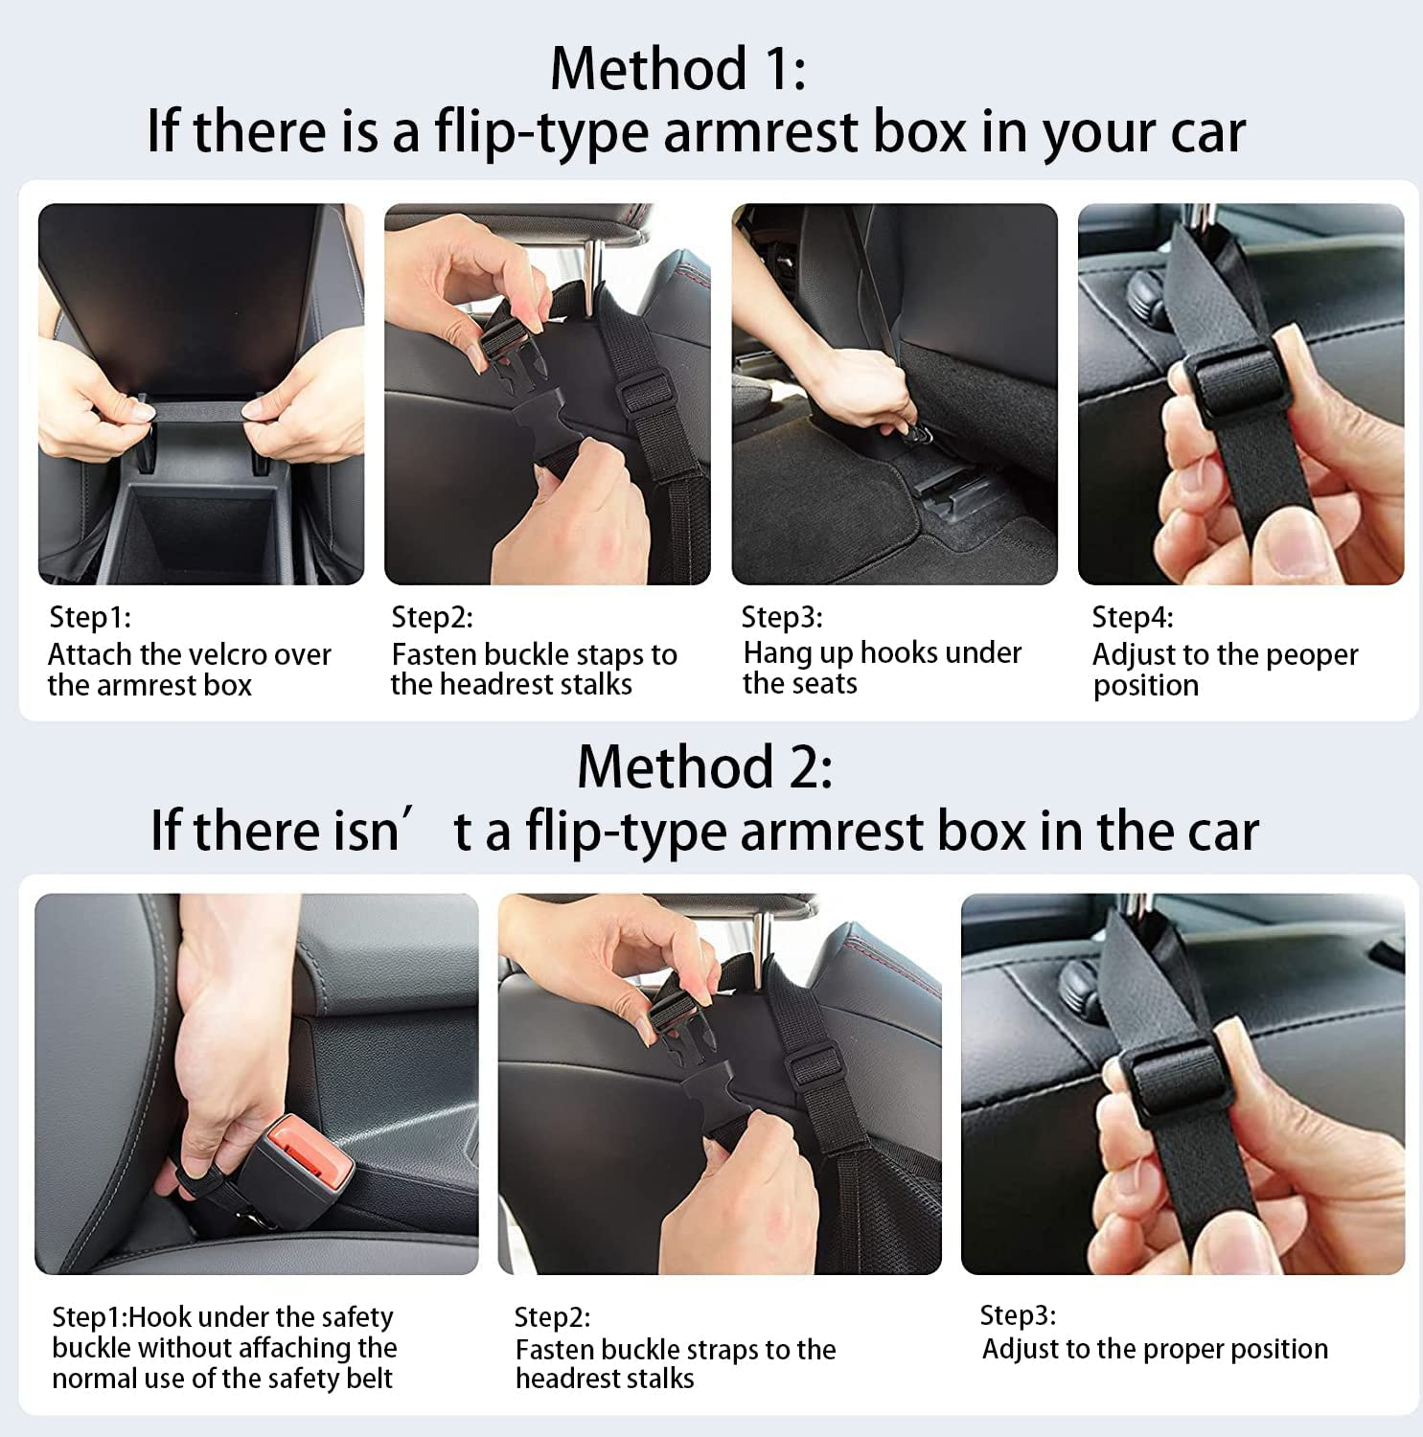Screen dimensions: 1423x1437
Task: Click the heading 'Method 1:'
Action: point(677,69)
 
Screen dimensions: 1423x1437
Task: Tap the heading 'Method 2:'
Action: point(704,767)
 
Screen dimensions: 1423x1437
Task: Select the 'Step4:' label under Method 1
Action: point(1132,618)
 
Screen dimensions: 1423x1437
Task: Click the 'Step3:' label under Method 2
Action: point(1018,1315)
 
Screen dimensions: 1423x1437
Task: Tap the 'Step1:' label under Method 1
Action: point(89,618)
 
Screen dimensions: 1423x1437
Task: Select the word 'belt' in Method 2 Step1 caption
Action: point(368,1379)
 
